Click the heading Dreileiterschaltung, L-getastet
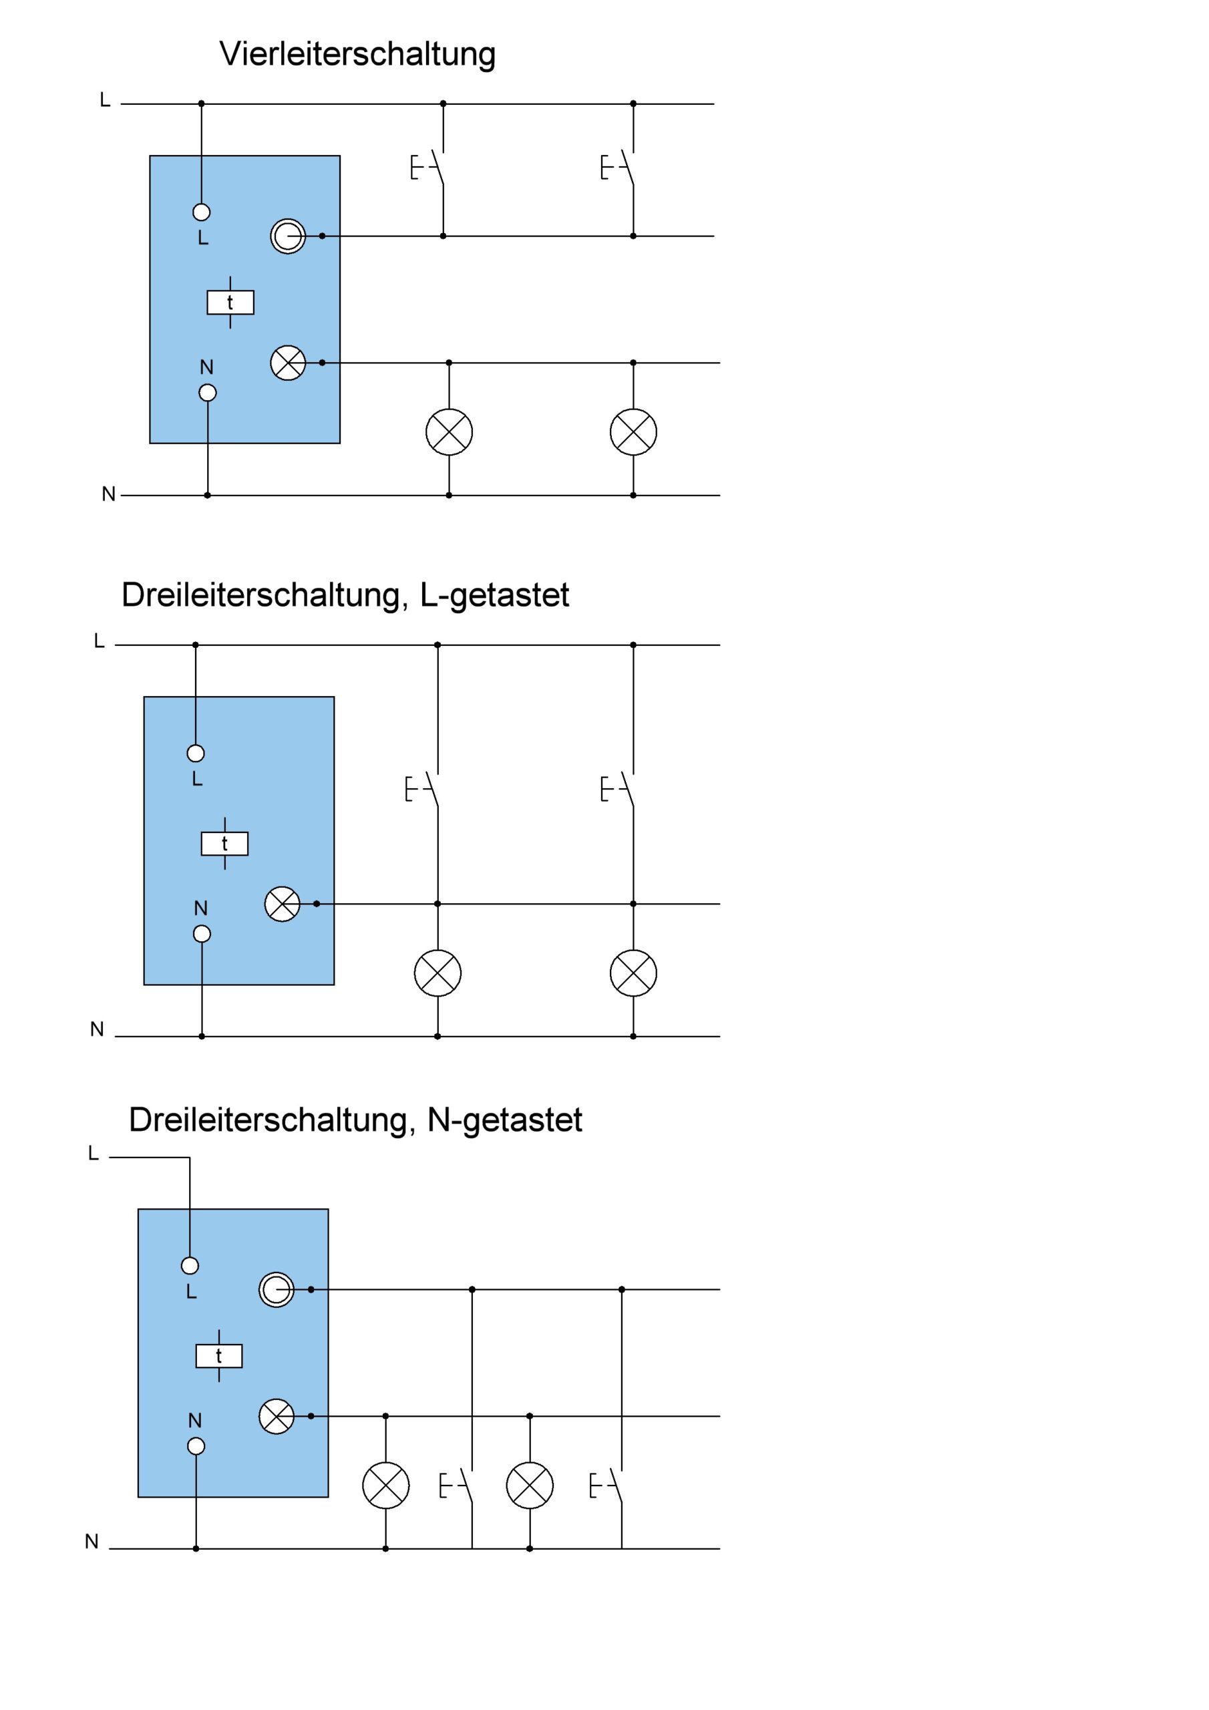point(345,595)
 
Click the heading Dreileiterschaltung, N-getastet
point(355,1120)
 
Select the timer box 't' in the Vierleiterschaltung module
point(230,303)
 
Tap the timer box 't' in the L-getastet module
point(225,844)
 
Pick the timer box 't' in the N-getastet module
point(219,1356)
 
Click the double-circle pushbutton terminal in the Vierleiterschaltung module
point(287,236)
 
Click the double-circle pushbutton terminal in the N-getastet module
point(277,1289)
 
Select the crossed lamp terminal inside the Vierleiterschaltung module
point(287,363)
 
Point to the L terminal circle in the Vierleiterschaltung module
point(201,212)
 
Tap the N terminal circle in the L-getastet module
point(202,934)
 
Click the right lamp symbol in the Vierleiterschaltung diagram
point(633,432)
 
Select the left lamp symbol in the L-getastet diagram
point(438,973)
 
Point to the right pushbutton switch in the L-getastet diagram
point(619,790)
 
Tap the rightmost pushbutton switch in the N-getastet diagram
point(607,1486)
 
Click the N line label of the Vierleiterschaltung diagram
point(109,494)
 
